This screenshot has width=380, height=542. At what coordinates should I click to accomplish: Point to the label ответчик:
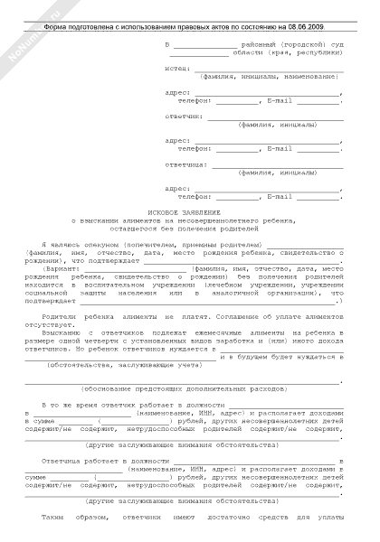point(183,116)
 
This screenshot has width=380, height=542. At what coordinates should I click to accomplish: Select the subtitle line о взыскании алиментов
point(189,220)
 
